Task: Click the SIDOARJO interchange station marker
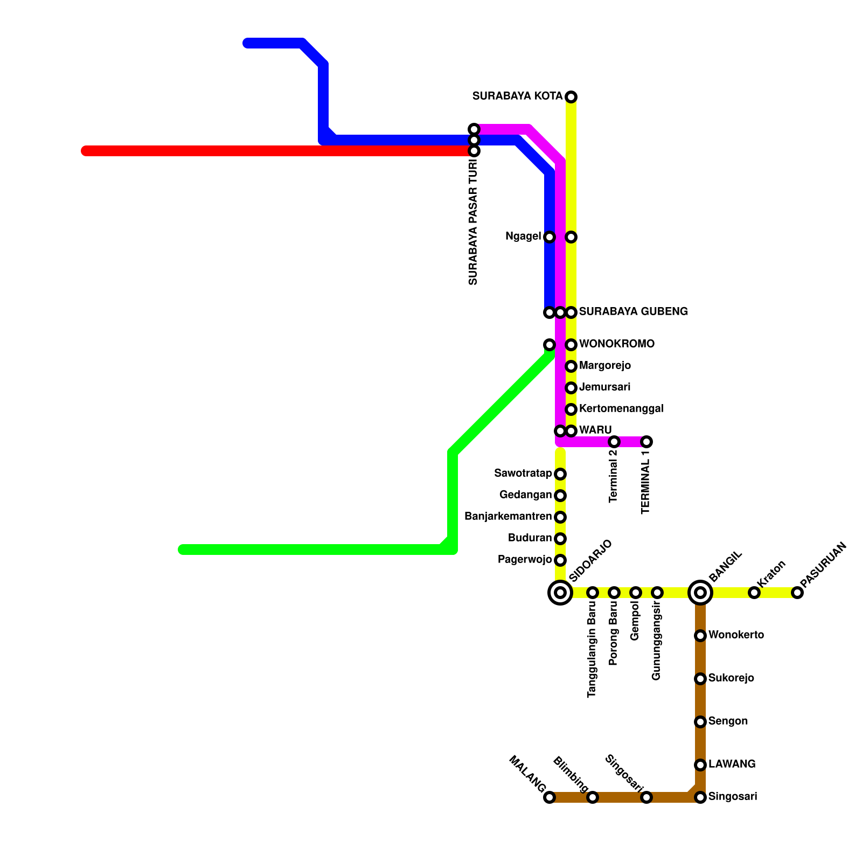tap(560, 593)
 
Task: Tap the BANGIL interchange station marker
tap(700, 593)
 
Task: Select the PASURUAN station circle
tap(797, 593)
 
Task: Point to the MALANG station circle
tap(550, 797)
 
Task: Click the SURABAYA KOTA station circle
tap(571, 97)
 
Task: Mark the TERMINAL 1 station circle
tap(646, 442)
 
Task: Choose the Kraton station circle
tap(754, 593)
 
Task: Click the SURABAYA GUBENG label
tap(633, 311)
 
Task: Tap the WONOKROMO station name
tap(616, 344)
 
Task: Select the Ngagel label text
tap(523, 237)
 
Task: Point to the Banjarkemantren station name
tap(508, 517)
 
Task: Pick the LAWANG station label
tap(732, 764)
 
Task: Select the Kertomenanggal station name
tap(621, 409)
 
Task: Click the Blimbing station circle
tap(593, 797)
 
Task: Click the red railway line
tap(269, 151)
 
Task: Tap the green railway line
tap(312, 550)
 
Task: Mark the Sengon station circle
tap(700, 722)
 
